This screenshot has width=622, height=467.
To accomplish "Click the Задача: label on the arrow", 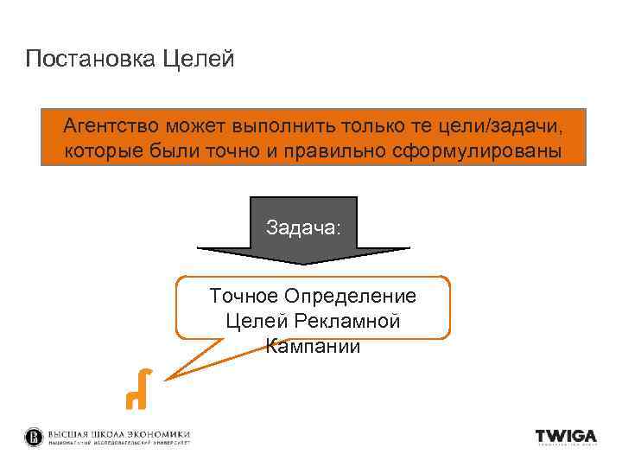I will click(303, 227).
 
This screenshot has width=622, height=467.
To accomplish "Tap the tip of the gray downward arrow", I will click(303, 263).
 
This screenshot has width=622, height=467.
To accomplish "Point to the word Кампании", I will click(313, 347).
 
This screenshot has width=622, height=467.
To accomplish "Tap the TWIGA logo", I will click(566, 437).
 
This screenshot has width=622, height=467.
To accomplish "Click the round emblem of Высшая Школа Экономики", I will click(34, 437).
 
